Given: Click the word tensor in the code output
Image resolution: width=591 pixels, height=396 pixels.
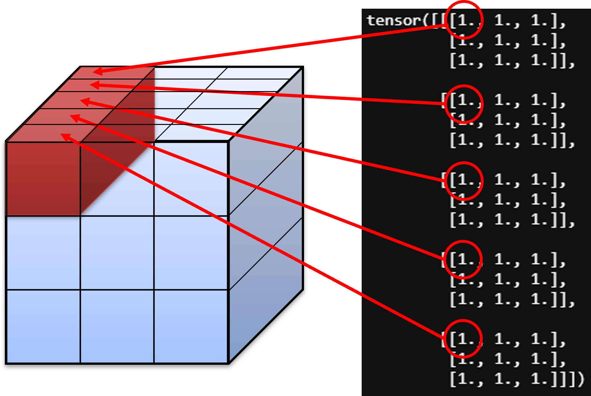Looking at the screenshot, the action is (x=394, y=21).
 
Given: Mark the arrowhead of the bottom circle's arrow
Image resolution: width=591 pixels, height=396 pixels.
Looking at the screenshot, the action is (x=66, y=138).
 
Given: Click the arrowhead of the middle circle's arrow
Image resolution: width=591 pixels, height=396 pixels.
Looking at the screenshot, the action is (x=85, y=102).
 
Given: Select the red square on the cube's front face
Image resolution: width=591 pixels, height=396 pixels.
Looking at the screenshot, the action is (x=43, y=179).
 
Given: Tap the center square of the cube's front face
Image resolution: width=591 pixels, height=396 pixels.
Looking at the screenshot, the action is (x=117, y=253).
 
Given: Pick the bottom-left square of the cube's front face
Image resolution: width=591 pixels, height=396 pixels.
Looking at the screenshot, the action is (x=43, y=326).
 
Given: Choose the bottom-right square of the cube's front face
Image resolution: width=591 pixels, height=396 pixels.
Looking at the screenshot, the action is (x=191, y=326).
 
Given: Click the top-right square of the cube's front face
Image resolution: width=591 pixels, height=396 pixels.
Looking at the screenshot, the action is (x=191, y=179).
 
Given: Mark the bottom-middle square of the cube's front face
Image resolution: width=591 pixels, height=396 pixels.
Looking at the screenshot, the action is (x=117, y=326).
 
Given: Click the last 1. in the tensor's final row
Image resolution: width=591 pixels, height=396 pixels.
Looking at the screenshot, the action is (x=539, y=379).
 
